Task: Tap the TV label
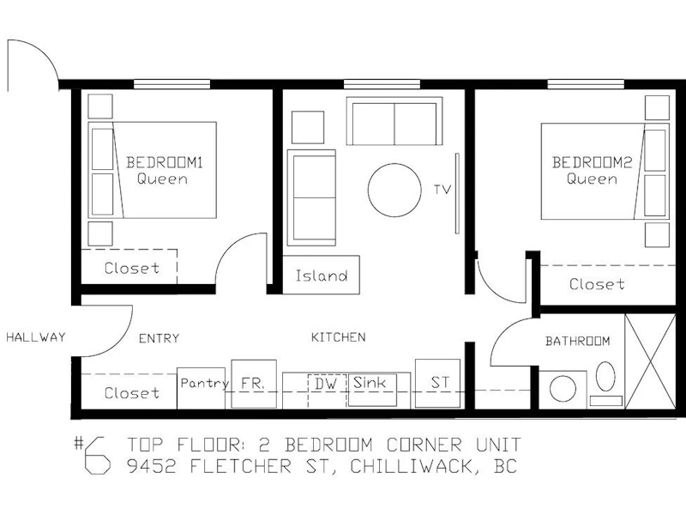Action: click(442, 190)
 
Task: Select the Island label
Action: click(322, 276)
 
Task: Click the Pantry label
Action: click(205, 384)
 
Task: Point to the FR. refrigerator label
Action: click(253, 384)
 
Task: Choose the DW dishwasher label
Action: click(326, 384)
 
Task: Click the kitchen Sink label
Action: click(370, 383)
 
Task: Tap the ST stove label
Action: click(440, 382)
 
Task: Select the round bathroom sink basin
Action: click(563, 389)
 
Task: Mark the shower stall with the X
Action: click(650, 361)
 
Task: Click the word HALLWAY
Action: click(36, 336)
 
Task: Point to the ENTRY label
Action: click(159, 338)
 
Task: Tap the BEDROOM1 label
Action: click(165, 162)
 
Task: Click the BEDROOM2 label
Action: click(592, 162)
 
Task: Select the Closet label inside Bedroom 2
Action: click(597, 284)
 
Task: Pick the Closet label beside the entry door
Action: click(132, 393)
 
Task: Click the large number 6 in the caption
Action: click(97, 456)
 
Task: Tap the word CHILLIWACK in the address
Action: click(412, 465)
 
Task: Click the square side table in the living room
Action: click(308, 127)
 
